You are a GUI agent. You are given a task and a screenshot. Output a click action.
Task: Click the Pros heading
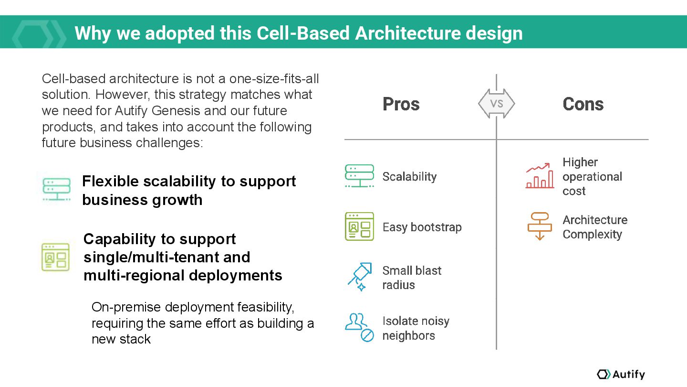[401, 104]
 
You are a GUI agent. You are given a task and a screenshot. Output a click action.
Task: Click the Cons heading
[583, 104]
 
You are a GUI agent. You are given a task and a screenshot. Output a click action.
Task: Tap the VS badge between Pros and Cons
[497, 104]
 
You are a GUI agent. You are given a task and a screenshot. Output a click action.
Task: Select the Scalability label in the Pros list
[409, 177]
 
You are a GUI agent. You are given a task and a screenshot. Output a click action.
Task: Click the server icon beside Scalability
[359, 176]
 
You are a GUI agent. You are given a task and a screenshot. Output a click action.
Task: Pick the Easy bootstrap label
[422, 227]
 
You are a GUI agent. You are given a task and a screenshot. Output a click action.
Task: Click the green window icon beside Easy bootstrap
[359, 226]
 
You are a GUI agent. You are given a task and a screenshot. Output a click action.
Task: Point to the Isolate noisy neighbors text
[416, 328]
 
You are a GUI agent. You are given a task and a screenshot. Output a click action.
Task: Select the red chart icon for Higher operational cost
[540, 176]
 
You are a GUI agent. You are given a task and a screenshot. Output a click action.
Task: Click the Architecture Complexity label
[594, 227]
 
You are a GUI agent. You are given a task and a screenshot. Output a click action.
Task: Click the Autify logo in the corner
[621, 374]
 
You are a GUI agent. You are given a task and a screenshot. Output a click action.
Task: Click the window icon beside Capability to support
[55, 257]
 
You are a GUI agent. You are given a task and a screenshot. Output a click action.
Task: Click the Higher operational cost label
[592, 177]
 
